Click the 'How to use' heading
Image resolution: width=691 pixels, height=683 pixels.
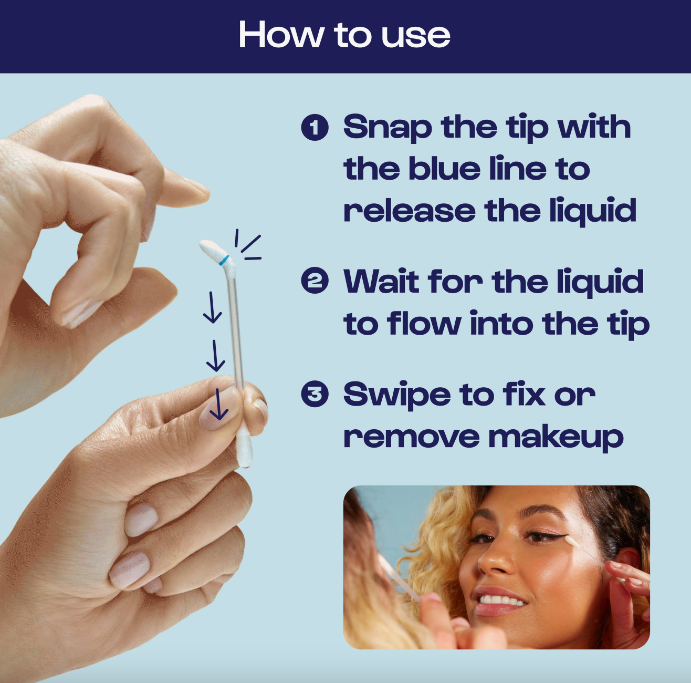(344, 35)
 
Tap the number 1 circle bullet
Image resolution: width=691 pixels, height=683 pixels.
(315, 128)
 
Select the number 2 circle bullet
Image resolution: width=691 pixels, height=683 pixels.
(315, 281)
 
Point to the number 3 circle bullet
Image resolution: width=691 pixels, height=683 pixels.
(315, 394)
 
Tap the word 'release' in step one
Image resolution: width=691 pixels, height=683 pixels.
(410, 211)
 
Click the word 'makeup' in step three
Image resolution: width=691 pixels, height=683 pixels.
(556, 437)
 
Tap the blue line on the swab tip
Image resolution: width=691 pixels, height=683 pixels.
(224, 260)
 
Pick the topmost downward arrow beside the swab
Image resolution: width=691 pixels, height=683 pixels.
(212, 307)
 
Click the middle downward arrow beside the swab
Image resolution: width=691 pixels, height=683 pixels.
(215, 356)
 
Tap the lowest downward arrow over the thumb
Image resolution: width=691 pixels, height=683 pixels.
(219, 404)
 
